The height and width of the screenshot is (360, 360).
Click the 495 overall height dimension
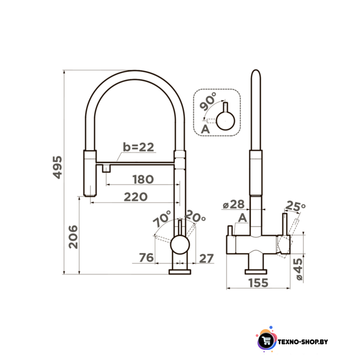tap(57, 167)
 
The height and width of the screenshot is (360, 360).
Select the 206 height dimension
tap(73, 237)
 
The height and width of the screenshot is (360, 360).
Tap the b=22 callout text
tap(138, 147)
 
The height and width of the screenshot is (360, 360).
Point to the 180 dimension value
tap(143, 179)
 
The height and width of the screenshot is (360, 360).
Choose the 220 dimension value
tap(136, 197)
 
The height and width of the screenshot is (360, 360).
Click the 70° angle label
tap(162, 218)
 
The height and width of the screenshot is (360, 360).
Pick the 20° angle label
tap(195, 216)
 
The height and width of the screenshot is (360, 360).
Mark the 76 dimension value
tap(146, 258)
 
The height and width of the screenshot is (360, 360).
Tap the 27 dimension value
tap(206, 259)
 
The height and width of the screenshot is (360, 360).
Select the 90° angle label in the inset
tap(208, 101)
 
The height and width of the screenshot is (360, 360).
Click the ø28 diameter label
tap(234, 204)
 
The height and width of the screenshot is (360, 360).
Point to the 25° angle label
tap(295, 206)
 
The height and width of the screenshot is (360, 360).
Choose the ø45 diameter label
tap(299, 269)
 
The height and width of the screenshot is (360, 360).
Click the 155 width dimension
tap(258, 283)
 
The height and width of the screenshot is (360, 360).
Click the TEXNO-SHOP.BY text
tap(303, 342)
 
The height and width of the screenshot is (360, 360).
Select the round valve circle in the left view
tap(180, 245)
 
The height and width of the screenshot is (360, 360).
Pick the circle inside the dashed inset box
tap(226, 121)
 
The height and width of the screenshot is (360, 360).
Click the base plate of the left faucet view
tap(180, 272)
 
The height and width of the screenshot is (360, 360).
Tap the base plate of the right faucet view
tap(256, 272)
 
